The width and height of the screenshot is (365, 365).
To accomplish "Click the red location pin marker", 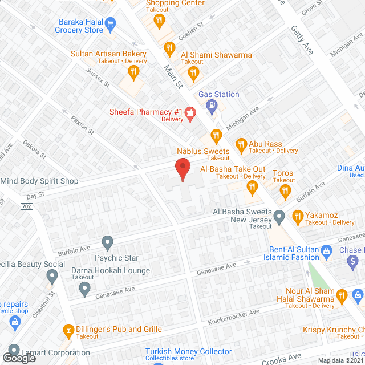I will (x=182, y=169).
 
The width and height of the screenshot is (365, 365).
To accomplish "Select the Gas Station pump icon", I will (x=212, y=104).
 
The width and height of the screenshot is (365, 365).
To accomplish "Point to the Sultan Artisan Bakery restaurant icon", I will (x=133, y=71).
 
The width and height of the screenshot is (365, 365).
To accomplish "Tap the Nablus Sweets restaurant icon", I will (x=216, y=136).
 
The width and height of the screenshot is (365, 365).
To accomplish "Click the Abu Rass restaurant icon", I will (x=241, y=144).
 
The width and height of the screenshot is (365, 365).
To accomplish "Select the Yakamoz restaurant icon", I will (x=297, y=216).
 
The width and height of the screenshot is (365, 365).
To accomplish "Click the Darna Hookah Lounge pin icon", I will (x=85, y=290).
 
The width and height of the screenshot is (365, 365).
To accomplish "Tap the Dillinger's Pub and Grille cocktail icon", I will (x=68, y=330).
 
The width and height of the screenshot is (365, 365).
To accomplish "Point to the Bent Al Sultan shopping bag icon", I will (x=326, y=250).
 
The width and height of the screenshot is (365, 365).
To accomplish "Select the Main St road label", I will (x=173, y=76).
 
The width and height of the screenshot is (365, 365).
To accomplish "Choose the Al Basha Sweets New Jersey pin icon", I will (x=279, y=216).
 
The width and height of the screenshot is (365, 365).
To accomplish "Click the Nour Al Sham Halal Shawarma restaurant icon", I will (x=342, y=295).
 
